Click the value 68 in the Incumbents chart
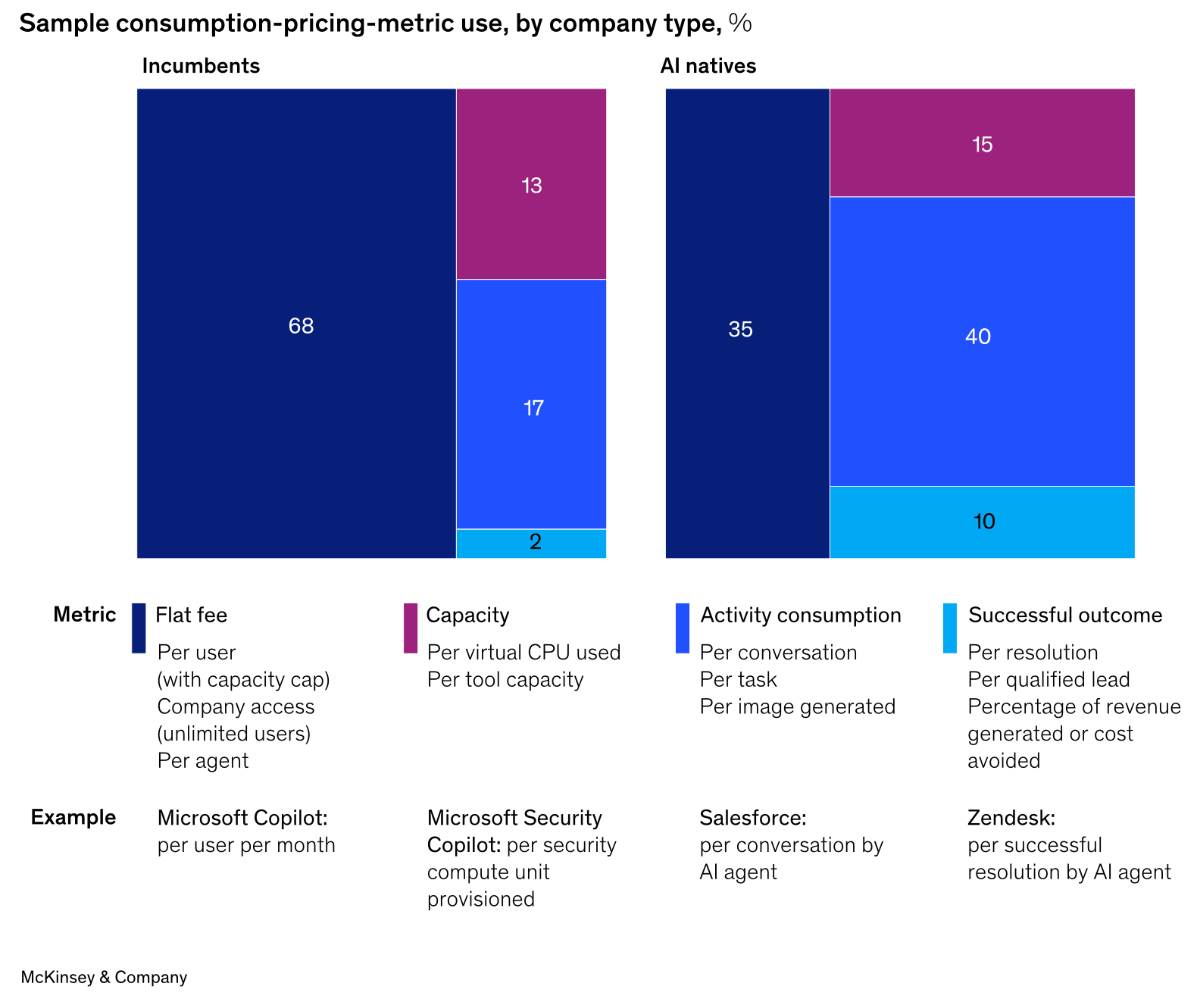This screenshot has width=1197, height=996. (301, 326)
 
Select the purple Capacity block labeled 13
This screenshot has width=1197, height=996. (531, 185)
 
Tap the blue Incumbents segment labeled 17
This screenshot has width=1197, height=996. (533, 408)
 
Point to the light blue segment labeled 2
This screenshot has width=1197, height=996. (534, 542)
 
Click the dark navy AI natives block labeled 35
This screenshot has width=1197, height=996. (740, 329)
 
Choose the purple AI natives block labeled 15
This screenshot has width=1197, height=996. (982, 144)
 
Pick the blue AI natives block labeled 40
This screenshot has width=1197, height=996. (977, 337)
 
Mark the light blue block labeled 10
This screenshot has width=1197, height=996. (983, 521)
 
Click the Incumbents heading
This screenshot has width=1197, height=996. (201, 66)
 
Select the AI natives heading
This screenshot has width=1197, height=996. (708, 66)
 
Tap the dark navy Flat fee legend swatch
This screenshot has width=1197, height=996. (139, 628)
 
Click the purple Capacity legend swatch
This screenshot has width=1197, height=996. (410, 628)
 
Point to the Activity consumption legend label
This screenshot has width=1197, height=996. (800, 615)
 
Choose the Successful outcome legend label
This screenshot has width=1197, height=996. (1064, 615)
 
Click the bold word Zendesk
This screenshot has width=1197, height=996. (1011, 818)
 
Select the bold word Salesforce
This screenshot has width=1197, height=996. (752, 818)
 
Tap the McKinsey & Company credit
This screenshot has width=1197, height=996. (104, 977)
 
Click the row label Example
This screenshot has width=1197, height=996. (73, 817)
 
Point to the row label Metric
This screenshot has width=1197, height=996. (85, 614)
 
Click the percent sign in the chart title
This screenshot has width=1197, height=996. (740, 23)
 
